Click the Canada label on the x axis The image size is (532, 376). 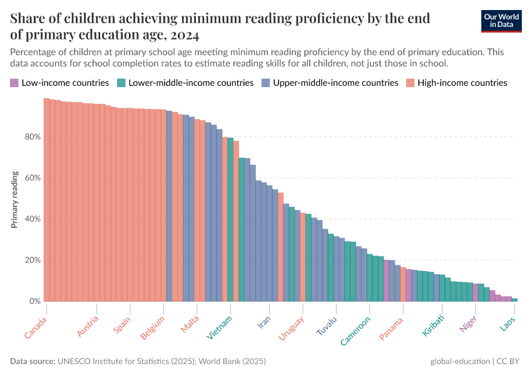pyautogui.click(x=36, y=327)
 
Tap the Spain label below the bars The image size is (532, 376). pyautogui.click(x=123, y=325)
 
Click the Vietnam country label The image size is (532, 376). pyautogui.click(x=220, y=327)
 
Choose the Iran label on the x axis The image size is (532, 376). pyautogui.click(x=264, y=322)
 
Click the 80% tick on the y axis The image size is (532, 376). pyautogui.click(x=33, y=137)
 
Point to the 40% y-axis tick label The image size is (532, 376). pyautogui.click(x=33, y=219)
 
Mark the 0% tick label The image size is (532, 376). pyautogui.click(x=35, y=301)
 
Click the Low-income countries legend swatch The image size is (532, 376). pyautogui.click(x=14, y=83)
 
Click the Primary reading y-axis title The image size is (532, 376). pyautogui.click(x=14, y=199)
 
